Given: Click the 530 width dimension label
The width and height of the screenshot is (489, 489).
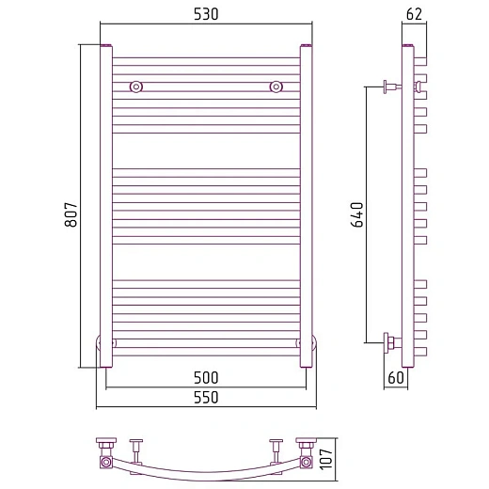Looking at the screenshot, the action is point(206,14).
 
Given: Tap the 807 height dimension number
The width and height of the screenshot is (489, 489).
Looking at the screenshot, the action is point(71,214).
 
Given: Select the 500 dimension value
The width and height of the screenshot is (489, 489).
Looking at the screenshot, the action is point(206,378).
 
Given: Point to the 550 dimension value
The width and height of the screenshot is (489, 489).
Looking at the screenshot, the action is point(206,398).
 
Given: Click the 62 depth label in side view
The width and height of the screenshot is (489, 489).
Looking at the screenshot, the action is point(414,14).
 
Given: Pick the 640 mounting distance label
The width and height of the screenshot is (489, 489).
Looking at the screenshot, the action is point(356,214).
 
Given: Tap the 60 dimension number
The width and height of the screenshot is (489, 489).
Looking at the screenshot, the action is point(396,378).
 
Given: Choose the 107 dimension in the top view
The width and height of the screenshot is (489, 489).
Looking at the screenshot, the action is point(326,459).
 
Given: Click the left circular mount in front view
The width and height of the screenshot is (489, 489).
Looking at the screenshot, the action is point(136,87).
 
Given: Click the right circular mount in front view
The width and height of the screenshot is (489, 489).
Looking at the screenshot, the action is point(276,87).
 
